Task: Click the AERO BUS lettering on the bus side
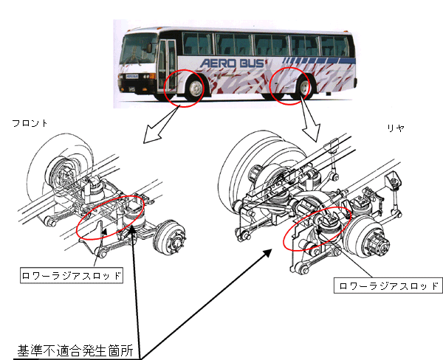click(x=233, y=63)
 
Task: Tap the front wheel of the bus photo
click(x=195, y=89)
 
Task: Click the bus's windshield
click(x=139, y=48)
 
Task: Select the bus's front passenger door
click(x=168, y=66)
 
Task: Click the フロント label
click(x=30, y=123)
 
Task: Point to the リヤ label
click(x=396, y=128)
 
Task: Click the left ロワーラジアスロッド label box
click(x=72, y=275)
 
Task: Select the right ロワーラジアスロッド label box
click(x=388, y=285)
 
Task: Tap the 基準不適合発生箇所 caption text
click(x=75, y=350)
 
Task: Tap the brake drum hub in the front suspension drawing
click(x=170, y=238)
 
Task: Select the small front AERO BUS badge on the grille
click(x=131, y=76)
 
